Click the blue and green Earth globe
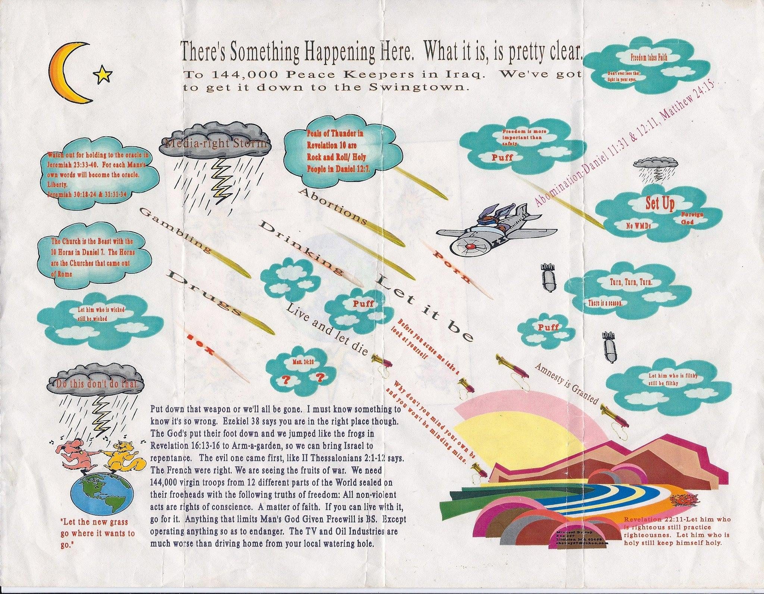101,495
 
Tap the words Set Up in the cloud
660,204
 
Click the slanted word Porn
452,267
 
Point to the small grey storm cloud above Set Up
655,163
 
